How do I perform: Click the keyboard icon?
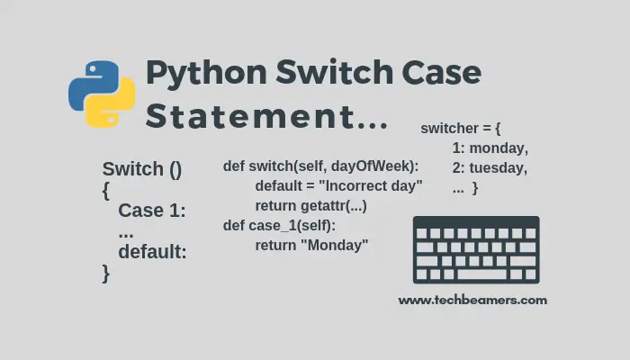pos(476,250)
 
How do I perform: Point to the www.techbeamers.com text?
pos(472,301)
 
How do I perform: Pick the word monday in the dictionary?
pos(499,148)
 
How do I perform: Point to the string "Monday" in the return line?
pos(337,245)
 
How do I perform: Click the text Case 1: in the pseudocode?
pos(151,211)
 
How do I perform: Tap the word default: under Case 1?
pos(152,252)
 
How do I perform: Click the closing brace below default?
pos(106,273)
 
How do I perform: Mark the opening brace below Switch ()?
pos(106,191)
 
